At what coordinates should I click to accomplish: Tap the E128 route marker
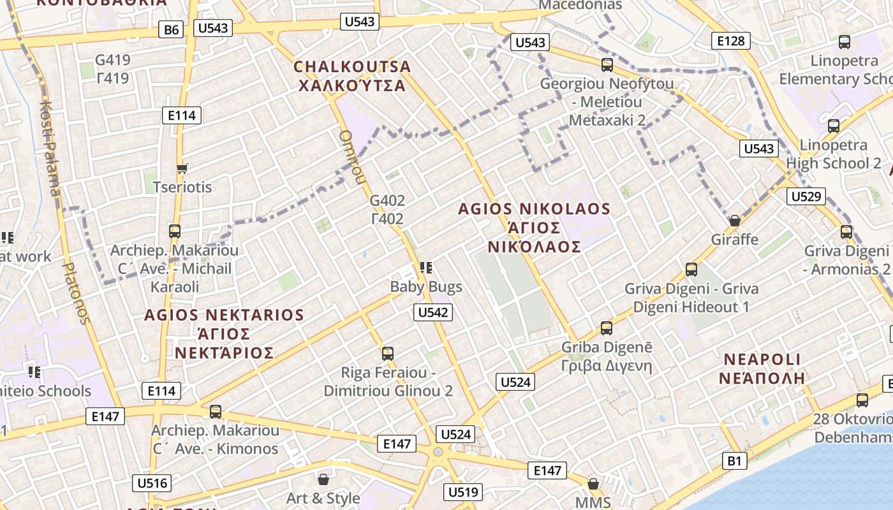click(730, 41)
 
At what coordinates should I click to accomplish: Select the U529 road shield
click(806, 196)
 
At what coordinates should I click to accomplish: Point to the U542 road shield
click(433, 312)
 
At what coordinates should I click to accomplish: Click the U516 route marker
click(152, 483)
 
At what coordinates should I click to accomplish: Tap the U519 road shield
click(463, 492)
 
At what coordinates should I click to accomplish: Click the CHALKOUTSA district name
click(352, 67)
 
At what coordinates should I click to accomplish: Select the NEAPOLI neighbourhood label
click(762, 360)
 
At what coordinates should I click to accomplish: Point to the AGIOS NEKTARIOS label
click(224, 315)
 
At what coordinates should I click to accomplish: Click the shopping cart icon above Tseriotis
click(182, 169)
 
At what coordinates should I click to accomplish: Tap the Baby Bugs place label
click(426, 287)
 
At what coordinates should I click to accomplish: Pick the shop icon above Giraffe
click(735, 221)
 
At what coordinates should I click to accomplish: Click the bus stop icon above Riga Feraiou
click(387, 353)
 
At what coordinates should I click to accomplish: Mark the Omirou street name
click(350, 157)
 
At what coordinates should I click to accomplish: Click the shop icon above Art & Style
click(323, 479)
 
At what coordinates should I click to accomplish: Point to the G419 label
click(112, 61)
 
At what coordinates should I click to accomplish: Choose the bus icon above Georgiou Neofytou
click(607, 64)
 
